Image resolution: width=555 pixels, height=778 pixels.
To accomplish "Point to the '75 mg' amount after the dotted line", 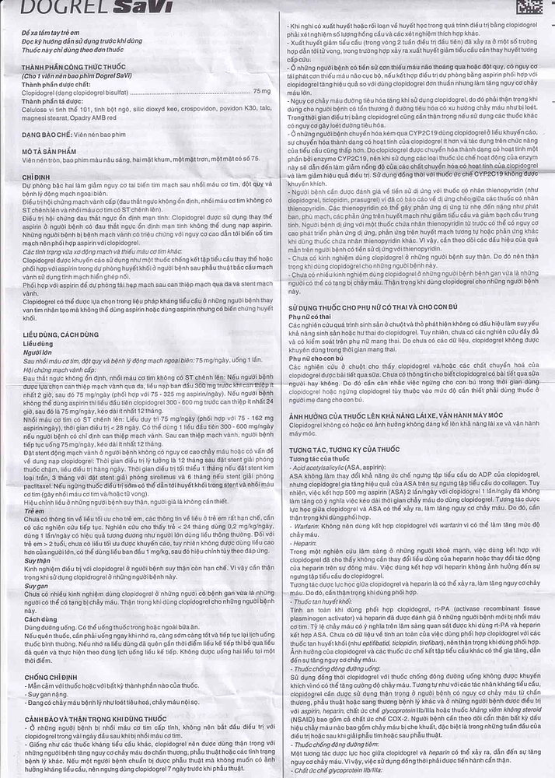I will click(x=263, y=92).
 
